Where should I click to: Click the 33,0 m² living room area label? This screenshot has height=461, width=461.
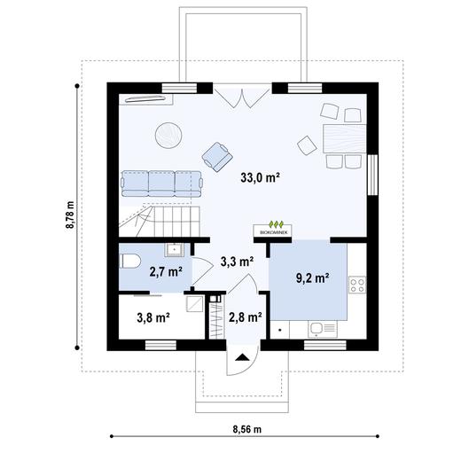point(260,177)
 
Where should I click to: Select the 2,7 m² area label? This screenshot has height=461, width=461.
point(165,271)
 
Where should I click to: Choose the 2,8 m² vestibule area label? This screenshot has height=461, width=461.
point(245,316)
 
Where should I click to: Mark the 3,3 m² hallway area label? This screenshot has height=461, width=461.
point(237,262)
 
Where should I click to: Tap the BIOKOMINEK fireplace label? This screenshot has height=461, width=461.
point(276,231)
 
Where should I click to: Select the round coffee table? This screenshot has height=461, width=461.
point(168,135)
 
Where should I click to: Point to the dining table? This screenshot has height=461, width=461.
point(343,139)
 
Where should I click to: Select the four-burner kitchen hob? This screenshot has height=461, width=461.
point(358,285)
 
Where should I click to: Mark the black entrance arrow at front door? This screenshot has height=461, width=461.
point(241,358)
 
